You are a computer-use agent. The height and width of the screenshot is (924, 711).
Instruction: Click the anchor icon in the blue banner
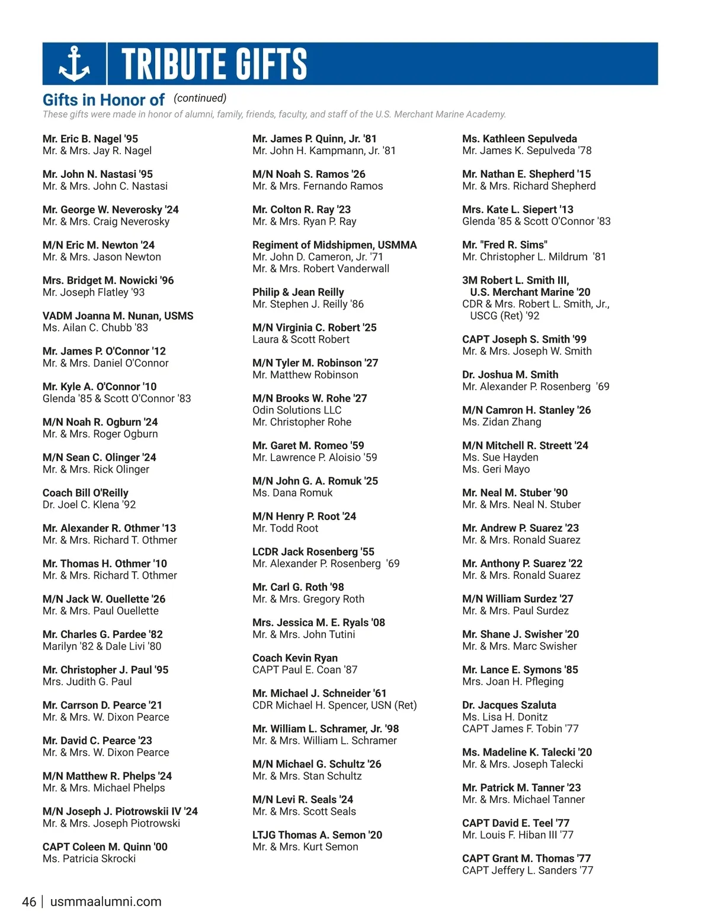tap(74, 64)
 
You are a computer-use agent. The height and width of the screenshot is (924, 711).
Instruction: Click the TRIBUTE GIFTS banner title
tap(214, 64)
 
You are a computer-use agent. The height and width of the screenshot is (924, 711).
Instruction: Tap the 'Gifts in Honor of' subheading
tap(104, 100)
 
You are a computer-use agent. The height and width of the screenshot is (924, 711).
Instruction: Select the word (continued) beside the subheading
tap(200, 98)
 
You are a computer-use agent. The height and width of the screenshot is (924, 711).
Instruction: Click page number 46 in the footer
tap(29, 902)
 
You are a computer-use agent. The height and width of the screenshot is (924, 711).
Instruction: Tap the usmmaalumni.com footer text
tap(106, 902)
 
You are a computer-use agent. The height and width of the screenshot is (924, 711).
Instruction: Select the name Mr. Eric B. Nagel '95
tap(90, 139)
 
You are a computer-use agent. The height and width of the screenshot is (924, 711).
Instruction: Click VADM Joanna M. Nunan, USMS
tap(118, 316)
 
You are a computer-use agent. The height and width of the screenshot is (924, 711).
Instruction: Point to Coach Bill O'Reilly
tap(85, 493)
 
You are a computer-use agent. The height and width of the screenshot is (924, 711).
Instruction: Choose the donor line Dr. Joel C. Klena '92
tap(89, 505)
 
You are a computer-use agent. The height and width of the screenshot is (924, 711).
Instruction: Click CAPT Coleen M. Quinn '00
tap(105, 847)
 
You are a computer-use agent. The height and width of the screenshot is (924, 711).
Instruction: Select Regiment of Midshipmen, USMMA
tap(334, 245)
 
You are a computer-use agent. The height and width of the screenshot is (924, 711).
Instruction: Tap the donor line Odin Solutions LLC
tap(297, 410)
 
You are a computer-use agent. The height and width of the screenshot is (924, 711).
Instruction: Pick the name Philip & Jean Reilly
tap(298, 292)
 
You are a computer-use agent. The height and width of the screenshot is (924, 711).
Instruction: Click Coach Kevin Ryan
tap(295, 658)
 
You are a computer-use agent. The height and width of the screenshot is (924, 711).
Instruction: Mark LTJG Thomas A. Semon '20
tap(317, 835)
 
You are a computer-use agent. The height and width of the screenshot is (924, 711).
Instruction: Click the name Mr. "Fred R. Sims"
tap(505, 245)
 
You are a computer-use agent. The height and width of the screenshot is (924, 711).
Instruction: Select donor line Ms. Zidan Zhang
tap(502, 422)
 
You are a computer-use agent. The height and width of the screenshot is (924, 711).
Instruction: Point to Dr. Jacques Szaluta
tap(509, 705)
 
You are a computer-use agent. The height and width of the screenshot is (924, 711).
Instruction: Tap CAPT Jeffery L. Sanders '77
tap(527, 871)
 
